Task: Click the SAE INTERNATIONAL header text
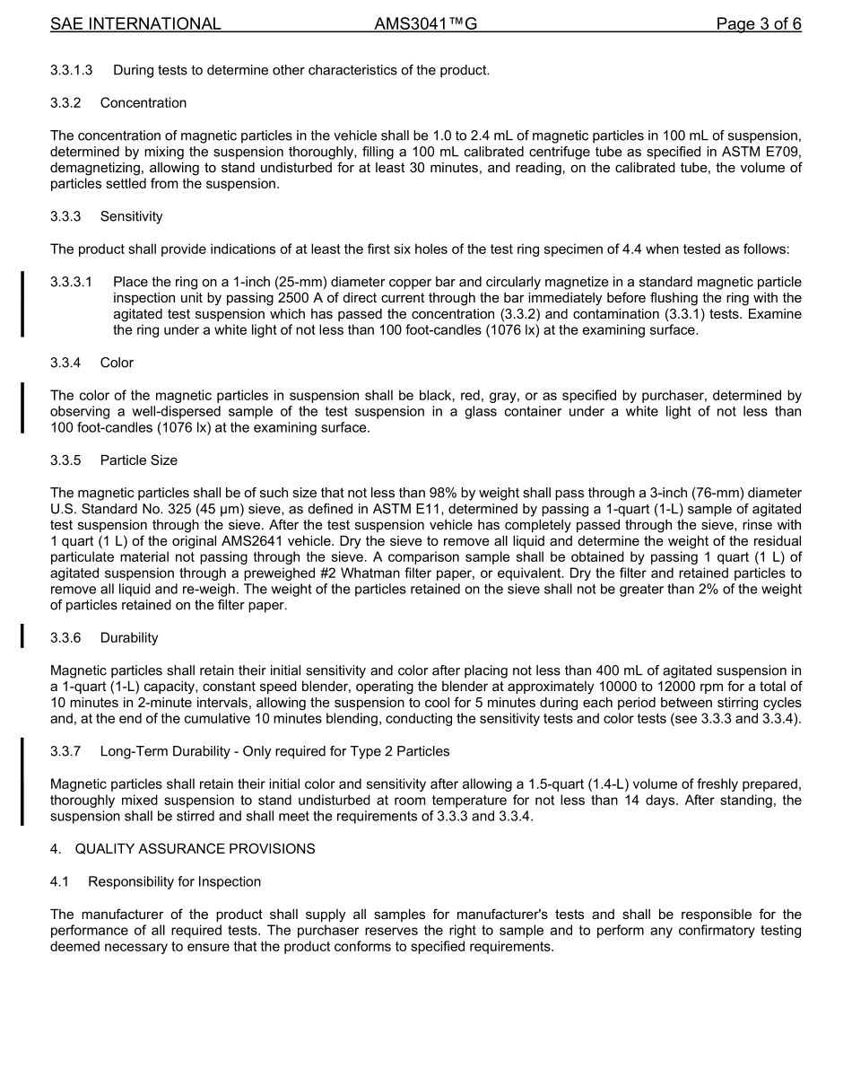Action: tap(135, 24)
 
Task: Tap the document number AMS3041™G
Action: tap(425, 24)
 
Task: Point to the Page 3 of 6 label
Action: tap(758, 24)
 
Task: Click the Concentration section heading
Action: tap(143, 103)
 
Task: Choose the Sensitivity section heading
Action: tap(131, 216)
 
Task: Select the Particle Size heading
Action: tap(139, 460)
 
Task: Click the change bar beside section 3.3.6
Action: tap(22, 635)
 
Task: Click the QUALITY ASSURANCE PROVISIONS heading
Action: tap(195, 849)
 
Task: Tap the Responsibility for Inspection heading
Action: tap(174, 882)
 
